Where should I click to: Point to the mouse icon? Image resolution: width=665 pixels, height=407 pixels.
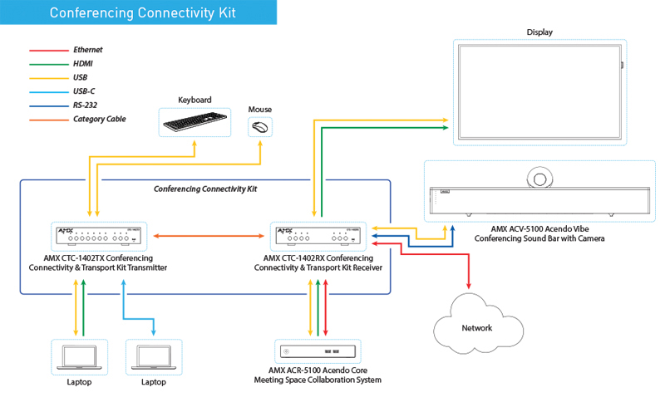260,127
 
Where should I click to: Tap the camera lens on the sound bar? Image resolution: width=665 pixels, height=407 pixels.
540,178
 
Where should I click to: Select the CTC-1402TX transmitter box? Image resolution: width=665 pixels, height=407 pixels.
98,238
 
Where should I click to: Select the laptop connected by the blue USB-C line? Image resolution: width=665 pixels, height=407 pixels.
152,356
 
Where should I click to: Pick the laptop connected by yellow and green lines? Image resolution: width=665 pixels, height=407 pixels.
79,356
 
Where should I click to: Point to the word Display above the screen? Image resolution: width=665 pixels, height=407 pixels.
539,32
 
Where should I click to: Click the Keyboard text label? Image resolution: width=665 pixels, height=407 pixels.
195,101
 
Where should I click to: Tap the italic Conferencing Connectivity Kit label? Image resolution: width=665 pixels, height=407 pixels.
204,189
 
